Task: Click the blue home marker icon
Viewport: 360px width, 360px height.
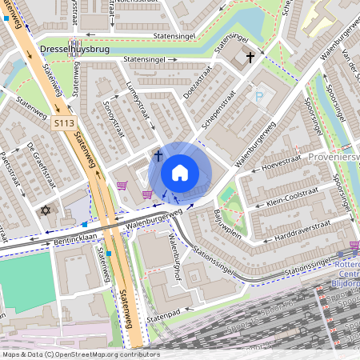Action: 180,173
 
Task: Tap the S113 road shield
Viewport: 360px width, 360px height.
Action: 65,123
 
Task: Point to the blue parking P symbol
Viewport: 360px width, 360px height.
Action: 258,97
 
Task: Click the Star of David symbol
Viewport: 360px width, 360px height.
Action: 45,210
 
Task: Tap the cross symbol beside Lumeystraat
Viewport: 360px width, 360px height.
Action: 158,154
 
